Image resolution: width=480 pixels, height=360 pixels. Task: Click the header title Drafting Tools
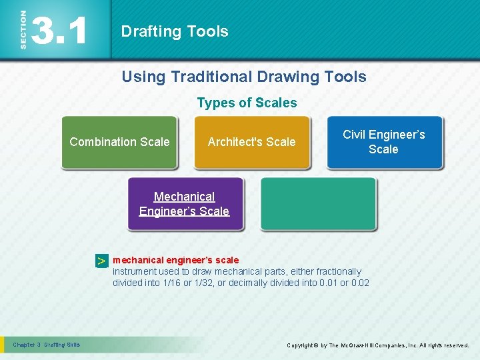click(x=175, y=31)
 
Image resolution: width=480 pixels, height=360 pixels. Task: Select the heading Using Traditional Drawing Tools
click(x=243, y=77)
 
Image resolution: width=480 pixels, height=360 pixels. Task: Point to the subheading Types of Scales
click(x=247, y=103)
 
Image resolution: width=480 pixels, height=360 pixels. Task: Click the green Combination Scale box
click(x=119, y=142)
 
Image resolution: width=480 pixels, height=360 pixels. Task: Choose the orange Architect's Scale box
click(x=251, y=142)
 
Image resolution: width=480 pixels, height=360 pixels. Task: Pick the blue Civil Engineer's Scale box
click(x=384, y=142)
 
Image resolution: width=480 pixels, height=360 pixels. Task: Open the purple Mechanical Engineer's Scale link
click(x=184, y=204)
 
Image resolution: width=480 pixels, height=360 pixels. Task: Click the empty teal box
click(x=318, y=203)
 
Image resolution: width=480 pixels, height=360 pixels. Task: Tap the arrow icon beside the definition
click(x=101, y=261)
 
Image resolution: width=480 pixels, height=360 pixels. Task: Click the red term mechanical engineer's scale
click(x=175, y=260)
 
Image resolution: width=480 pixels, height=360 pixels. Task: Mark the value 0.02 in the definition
click(x=360, y=283)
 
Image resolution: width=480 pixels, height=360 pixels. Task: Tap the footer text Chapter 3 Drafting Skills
click(x=46, y=345)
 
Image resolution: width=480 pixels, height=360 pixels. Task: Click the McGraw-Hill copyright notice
click(x=377, y=345)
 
